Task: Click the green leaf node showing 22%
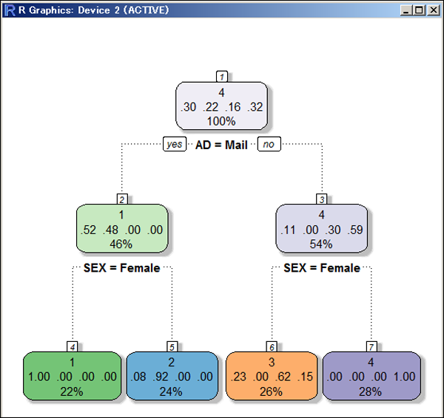tap(72, 376)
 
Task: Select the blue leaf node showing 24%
tap(171, 376)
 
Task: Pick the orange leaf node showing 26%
tap(271, 376)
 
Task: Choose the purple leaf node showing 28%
tap(371, 376)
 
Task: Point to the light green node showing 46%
tap(121, 228)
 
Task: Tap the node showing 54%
tap(321, 228)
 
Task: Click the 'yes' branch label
tap(175, 145)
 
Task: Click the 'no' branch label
tap(269, 145)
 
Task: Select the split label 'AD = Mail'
tap(221, 145)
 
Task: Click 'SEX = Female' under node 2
tap(121, 268)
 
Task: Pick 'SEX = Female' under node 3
tap(321, 268)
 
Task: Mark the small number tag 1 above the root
tap(221, 76)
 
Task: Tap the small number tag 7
tap(371, 346)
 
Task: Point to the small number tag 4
tap(72, 346)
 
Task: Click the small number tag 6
tap(271, 346)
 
